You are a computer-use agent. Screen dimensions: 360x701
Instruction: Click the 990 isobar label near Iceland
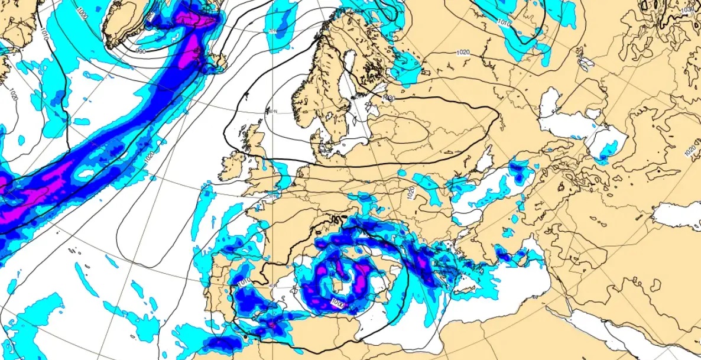point(141,51)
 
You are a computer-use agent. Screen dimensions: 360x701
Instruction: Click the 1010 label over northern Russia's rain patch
point(504,22)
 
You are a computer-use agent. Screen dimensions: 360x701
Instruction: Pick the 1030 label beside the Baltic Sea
point(388,98)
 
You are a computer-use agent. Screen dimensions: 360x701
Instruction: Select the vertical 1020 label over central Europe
point(409,193)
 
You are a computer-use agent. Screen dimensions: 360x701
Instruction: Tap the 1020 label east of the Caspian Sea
point(690,151)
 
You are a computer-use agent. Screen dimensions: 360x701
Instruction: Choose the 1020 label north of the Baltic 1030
point(463,53)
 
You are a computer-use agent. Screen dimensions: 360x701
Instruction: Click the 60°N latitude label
point(272,111)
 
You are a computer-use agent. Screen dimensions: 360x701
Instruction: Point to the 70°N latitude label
point(272,31)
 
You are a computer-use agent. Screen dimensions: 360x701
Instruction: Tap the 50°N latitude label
point(273,195)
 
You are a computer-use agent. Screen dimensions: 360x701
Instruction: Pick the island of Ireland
point(232,168)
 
